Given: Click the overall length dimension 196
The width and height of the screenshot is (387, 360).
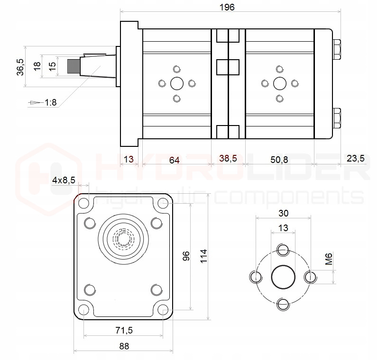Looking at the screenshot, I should [227, 7].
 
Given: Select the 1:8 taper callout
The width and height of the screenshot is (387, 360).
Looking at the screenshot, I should [50, 102].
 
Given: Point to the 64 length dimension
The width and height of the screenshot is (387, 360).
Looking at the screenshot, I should [175, 160].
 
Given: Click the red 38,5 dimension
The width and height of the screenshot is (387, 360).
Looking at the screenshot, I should [228, 159].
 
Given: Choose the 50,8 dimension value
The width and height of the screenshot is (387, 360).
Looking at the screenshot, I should [279, 160].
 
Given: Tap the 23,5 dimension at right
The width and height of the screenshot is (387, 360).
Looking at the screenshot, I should [355, 159].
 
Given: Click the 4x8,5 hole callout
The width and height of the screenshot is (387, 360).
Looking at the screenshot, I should [64, 180].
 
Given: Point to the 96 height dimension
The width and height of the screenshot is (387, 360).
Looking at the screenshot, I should [186, 256].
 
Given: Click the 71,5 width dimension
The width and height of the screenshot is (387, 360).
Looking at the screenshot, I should [124, 330].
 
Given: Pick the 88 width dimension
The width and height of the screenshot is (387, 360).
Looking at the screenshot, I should [124, 346].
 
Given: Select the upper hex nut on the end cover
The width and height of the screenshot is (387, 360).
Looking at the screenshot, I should [337, 49].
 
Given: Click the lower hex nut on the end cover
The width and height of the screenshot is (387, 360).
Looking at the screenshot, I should [337, 118].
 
